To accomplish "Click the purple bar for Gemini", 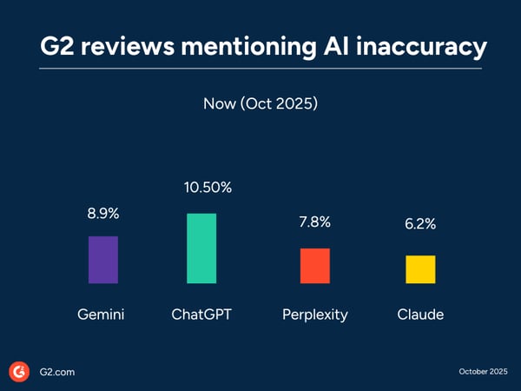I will [x=103, y=260].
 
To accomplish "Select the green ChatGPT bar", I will [x=201, y=248].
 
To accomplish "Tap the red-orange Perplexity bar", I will [x=314, y=266].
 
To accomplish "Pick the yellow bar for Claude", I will [x=420, y=269].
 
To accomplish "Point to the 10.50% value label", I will [x=201, y=189].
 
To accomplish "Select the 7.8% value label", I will [x=314, y=222].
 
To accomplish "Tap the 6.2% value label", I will [x=420, y=224].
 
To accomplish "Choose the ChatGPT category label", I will [x=201, y=315].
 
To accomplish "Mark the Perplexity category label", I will [x=314, y=315].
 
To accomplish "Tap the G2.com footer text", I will [x=56, y=372].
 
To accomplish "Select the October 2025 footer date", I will [x=484, y=372].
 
